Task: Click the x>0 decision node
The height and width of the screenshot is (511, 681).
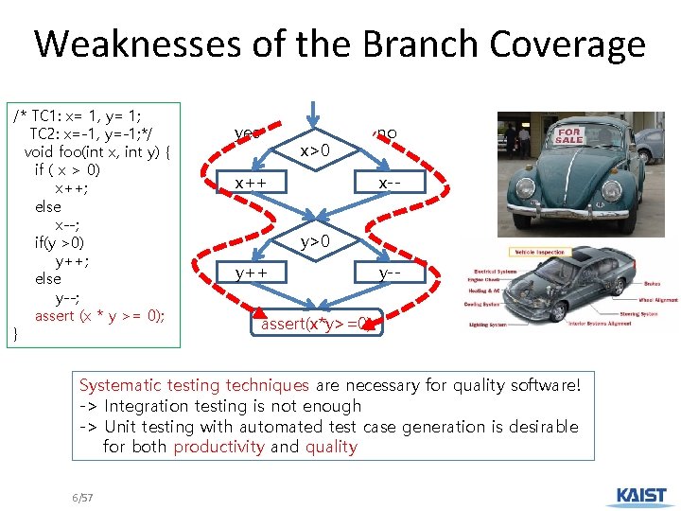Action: pyautogui.click(x=315, y=150)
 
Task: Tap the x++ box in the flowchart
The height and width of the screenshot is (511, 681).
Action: pyautogui.click(x=252, y=181)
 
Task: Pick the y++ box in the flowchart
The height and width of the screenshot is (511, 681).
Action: pyautogui.click(x=252, y=273)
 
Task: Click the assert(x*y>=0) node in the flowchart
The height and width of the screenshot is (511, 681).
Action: pyautogui.click(x=316, y=324)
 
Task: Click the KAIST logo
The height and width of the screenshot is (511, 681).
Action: pyautogui.click(x=641, y=496)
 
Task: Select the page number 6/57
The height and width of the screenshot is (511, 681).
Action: pyautogui.click(x=82, y=497)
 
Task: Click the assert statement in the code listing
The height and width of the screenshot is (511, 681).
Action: pyautogui.click(x=99, y=316)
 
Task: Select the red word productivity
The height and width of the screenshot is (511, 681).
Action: pyautogui.click(x=218, y=447)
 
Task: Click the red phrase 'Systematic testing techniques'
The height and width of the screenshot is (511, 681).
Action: pyautogui.click(x=194, y=385)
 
